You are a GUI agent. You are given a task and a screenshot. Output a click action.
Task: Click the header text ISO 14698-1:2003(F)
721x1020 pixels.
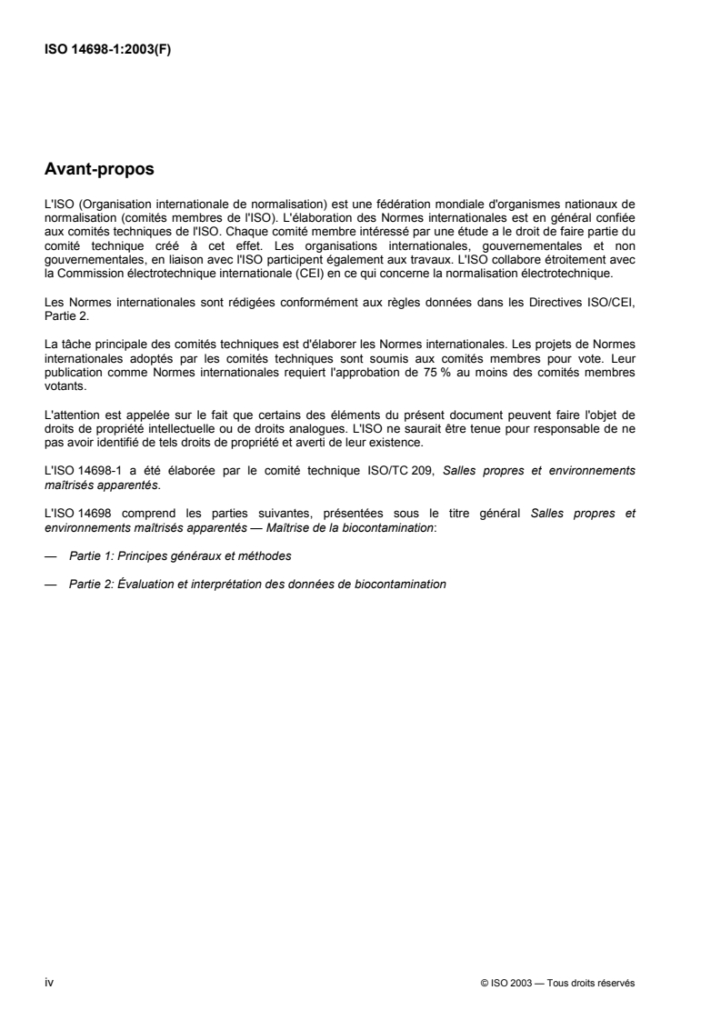108,51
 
